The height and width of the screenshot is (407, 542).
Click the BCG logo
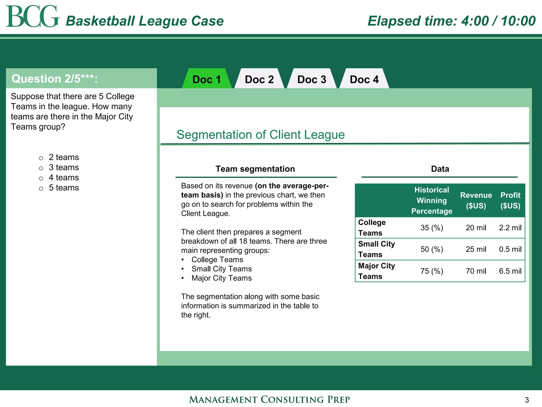[32, 16]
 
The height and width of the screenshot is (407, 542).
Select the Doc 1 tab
[206, 79]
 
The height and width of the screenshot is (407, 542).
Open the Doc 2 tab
[259, 79]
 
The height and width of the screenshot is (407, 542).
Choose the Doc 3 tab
[311, 79]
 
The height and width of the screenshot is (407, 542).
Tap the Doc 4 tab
[364, 79]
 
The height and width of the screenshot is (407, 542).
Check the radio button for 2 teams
[41, 158]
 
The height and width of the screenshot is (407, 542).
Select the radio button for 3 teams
[41, 168]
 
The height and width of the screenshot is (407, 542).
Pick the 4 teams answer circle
[41, 178]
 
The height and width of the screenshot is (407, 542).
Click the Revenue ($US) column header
[476, 200]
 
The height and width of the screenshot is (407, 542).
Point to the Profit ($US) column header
[510, 200]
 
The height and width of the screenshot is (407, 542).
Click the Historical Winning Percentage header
[432, 200]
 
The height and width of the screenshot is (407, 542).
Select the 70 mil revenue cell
[476, 271]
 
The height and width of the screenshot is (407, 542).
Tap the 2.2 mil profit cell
[510, 228]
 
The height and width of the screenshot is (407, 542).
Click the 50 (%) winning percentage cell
[432, 249]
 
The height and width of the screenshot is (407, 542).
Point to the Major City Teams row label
[376, 271]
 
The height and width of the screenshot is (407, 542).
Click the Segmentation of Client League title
[260, 135]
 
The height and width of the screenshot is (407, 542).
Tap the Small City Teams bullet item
[222, 269]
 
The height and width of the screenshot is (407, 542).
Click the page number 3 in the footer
[527, 400]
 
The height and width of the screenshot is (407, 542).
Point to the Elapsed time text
[451, 21]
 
